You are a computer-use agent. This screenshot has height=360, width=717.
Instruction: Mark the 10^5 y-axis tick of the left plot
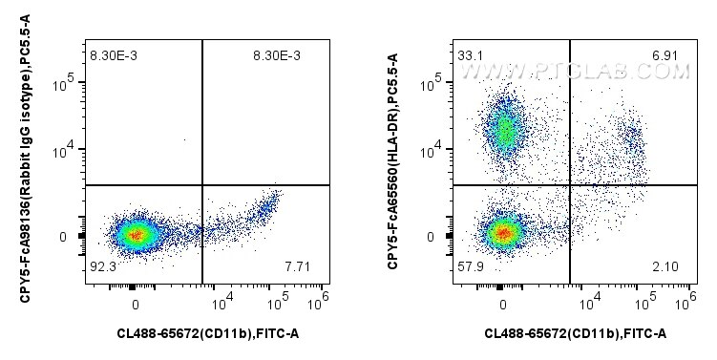[63, 84]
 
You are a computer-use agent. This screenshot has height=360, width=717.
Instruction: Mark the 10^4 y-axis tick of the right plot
[432, 148]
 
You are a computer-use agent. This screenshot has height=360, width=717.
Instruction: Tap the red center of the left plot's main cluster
[136, 233]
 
